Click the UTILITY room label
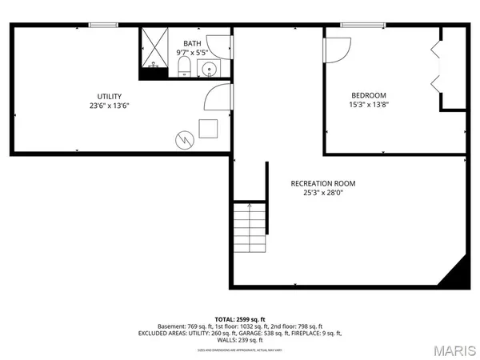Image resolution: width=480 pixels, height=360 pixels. pyautogui.click(x=110, y=96)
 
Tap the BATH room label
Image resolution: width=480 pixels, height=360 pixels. pyautogui.click(x=192, y=43)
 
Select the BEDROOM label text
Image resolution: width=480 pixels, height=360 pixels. pyautogui.click(x=368, y=94)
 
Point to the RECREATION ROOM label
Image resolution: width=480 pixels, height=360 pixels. pyautogui.click(x=323, y=183)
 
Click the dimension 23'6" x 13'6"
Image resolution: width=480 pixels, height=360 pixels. pyautogui.click(x=110, y=105)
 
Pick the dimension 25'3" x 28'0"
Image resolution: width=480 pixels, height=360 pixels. pyautogui.click(x=323, y=193)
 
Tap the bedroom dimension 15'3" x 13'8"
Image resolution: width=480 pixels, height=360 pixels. pyautogui.click(x=368, y=104)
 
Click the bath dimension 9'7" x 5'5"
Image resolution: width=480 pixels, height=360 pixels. pyautogui.click(x=192, y=53)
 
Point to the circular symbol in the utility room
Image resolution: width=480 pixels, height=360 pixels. pyautogui.click(x=185, y=140)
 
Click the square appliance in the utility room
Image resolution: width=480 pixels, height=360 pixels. pyautogui.click(x=210, y=128)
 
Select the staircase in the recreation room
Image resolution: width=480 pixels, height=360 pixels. pyautogui.click(x=249, y=229)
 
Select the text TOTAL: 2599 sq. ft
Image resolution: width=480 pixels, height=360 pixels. pyautogui.click(x=239, y=318)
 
